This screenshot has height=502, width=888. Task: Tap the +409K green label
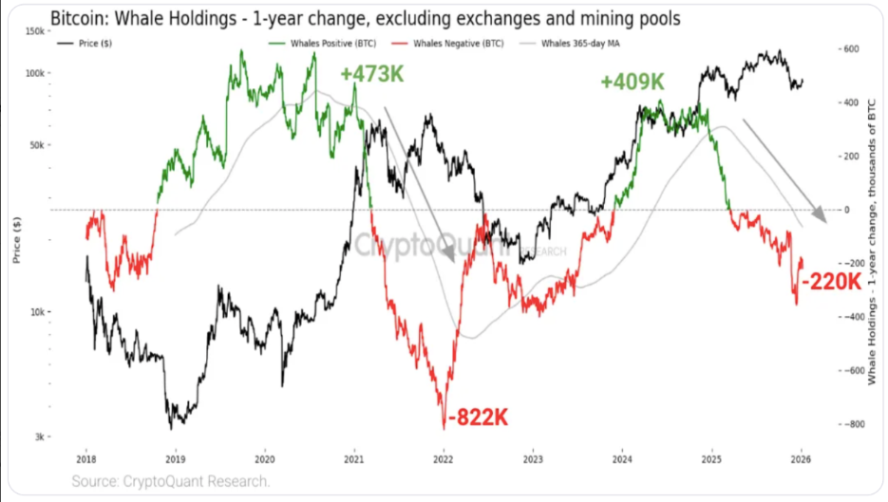point(633,82)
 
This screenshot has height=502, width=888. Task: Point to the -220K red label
point(831,281)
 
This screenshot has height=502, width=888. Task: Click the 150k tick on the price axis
point(33,30)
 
